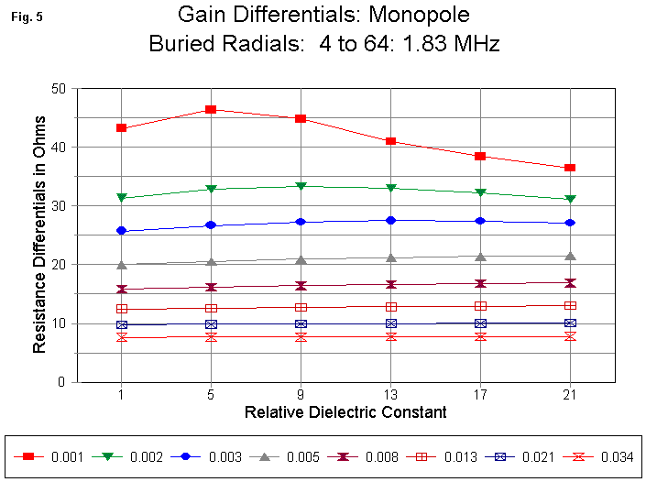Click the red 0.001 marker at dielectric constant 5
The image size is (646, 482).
pyautogui.click(x=211, y=109)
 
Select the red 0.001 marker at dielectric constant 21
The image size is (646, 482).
pyautogui.click(x=570, y=168)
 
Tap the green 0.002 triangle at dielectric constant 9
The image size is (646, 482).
pyautogui.click(x=301, y=186)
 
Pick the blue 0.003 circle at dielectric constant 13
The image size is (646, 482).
pyautogui.click(x=390, y=220)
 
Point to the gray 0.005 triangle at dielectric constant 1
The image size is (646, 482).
pyautogui.click(x=121, y=265)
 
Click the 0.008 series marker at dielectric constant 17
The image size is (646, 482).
pyautogui.click(x=480, y=283)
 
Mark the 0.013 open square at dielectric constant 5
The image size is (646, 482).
pyautogui.click(x=211, y=308)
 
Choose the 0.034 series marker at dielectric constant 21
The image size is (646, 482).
pyautogui.click(x=570, y=336)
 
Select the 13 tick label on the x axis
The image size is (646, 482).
pyautogui.click(x=390, y=394)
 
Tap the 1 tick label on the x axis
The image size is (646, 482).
pyautogui.click(x=121, y=394)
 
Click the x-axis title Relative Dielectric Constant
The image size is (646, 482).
pyautogui.click(x=345, y=412)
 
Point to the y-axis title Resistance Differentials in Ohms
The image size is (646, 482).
pyautogui.click(x=39, y=236)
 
